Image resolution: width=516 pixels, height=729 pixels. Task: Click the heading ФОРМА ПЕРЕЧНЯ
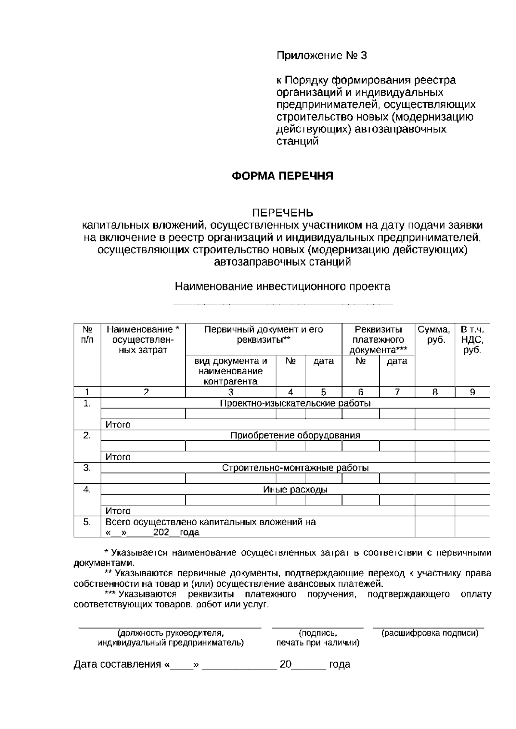pos(283,176)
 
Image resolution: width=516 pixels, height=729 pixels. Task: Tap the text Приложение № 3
pos(322,56)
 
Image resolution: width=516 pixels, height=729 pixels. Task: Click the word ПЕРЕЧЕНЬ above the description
pos(283,213)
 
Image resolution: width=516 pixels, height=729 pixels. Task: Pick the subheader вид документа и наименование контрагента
pos(230,371)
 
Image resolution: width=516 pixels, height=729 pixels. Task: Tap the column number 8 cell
pos(435,392)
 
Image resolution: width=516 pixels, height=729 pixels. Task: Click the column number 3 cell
pos(230,392)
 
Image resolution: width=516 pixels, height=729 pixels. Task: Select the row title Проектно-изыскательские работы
pos(295,403)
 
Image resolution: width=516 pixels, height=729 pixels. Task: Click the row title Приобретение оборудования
pos(295,435)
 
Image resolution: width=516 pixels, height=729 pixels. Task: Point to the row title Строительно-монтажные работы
pos(295,468)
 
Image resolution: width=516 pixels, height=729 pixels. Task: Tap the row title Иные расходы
pos(295,490)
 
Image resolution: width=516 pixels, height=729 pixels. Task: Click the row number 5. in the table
pos(87,522)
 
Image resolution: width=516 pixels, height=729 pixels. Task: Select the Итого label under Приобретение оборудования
pos(118,457)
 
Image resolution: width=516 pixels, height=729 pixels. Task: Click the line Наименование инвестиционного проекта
pos(283,287)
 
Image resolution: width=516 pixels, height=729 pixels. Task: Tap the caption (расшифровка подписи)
pos(430,633)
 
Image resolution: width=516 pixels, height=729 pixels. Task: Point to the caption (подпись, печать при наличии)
pos(318,638)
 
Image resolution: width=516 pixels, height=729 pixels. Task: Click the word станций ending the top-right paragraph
pos(297,141)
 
